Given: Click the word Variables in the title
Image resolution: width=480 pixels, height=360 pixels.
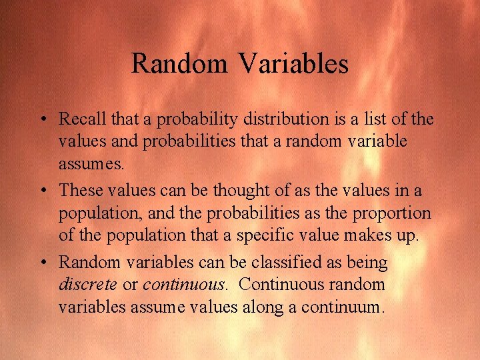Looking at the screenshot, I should coord(293,64).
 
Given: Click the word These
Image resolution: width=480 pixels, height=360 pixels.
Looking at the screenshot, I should coord(80,191).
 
